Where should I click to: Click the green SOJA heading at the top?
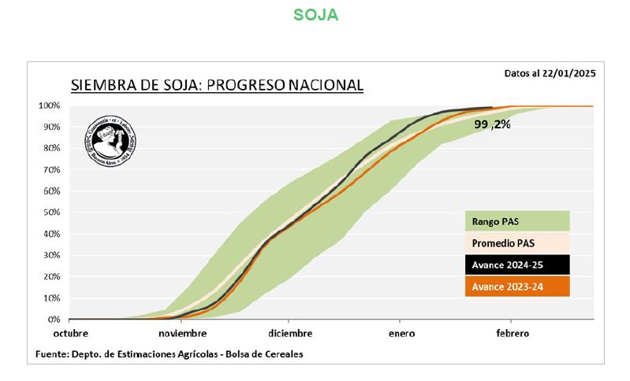pyautogui.click(x=315, y=15)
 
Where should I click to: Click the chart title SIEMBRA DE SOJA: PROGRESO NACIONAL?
pyautogui.click(x=217, y=85)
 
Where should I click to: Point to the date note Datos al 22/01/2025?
pyautogui.click(x=550, y=73)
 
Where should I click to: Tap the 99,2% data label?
pyautogui.click(x=492, y=124)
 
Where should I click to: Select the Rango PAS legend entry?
pyautogui.click(x=516, y=221)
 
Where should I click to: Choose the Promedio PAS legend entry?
pyautogui.click(x=516, y=242)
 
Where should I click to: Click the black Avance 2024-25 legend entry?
pyautogui.click(x=516, y=264)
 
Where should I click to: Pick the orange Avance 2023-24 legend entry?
pyautogui.click(x=516, y=287)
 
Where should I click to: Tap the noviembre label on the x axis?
pyautogui.click(x=182, y=334)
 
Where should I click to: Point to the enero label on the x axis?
pyautogui.click(x=401, y=334)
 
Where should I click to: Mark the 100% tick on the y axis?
pyautogui.click(x=50, y=105)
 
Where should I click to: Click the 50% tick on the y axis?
pyautogui.click(x=51, y=213)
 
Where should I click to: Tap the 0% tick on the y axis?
pyautogui.click(x=54, y=320)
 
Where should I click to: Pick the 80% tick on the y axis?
pyautogui.click(x=51, y=148)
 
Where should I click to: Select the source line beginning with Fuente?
pyautogui.click(x=169, y=354)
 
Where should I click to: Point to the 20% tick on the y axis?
pyautogui.click(x=51, y=277)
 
